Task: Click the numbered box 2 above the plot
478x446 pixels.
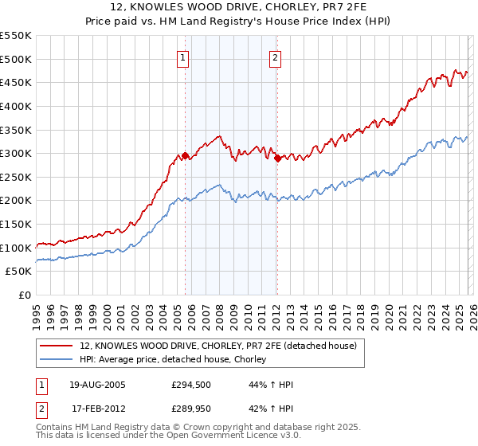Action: pos(275,57)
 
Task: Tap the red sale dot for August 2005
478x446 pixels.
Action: pos(186,156)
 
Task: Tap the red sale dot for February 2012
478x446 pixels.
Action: pos(277,158)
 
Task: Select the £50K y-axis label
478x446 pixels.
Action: pos(19,272)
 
